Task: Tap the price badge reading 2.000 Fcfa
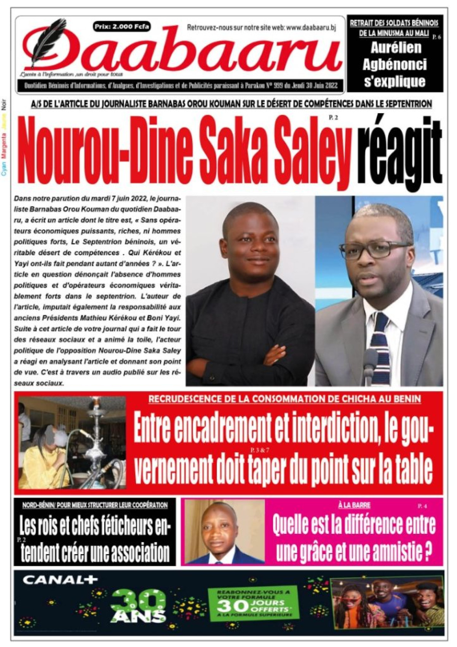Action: coord(121,27)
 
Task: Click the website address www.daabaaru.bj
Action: coord(310,27)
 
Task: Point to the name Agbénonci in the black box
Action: coord(395,65)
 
